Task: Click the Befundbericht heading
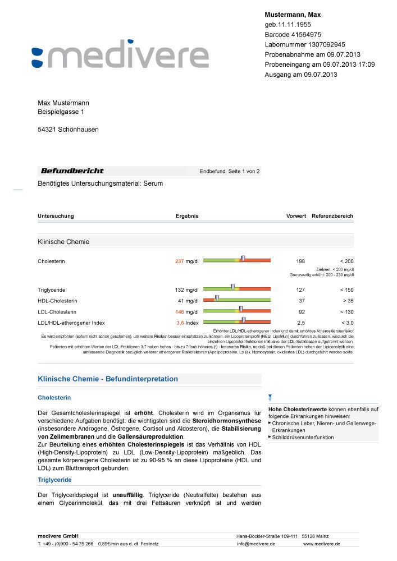tap(72, 171)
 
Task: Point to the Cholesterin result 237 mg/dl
tap(187, 261)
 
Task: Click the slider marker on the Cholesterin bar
tap(243, 259)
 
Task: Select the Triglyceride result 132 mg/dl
tap(187, 289)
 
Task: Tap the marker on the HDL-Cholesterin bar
tap(217, 298)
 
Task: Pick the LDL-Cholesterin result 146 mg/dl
tap(187, 311)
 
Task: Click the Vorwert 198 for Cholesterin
tap(300, 261)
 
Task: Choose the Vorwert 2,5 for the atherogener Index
tap(300, 323)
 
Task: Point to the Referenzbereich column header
tap(332, 216)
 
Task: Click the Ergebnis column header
tap(187, 216)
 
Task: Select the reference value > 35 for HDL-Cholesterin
tap(346, 301)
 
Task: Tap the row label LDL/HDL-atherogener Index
tap(71, 323)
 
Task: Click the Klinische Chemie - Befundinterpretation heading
tap(108, 379)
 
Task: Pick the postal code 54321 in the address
tap(47, 130)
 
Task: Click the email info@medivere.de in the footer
tap(255, 544)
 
